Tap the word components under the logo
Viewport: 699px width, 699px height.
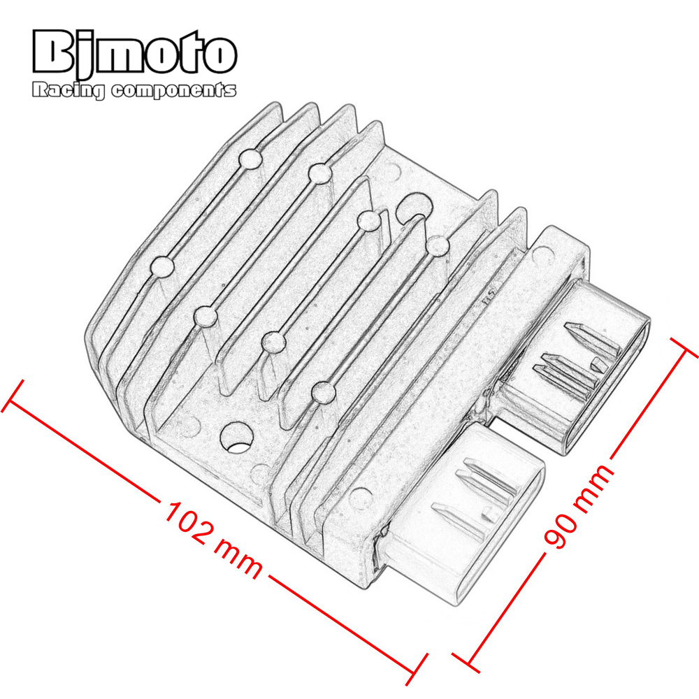(173, 90)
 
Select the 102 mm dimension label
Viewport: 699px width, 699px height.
(213, 540)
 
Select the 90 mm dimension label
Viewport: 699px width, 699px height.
(578, 505)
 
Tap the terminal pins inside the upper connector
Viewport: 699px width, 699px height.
(575, 359)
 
